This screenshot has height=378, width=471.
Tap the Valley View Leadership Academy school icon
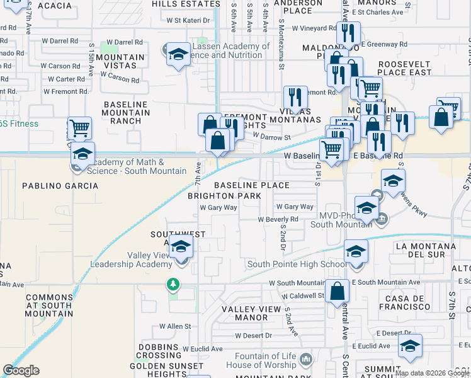click(x=181, y=247)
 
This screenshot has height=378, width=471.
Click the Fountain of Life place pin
click(x=305, y=360)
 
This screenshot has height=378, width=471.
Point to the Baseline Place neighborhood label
click(x=251, y=185)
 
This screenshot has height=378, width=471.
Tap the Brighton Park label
click(x=224, y=196)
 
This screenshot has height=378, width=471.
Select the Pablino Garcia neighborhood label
click(x=60, y=186)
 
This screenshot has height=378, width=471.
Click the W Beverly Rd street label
click(x=278, y=219)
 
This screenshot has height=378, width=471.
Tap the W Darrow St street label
click(x=271, y=136)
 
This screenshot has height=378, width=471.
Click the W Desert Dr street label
click(x=255, y=336)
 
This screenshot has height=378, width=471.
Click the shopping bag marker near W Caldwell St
click(x=338, y=291)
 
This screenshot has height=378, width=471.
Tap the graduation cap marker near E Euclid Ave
click(x=410, y=345)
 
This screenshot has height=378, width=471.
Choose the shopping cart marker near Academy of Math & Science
click(x=79, y=129)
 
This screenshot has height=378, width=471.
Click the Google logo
click(x=21, y=370)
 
